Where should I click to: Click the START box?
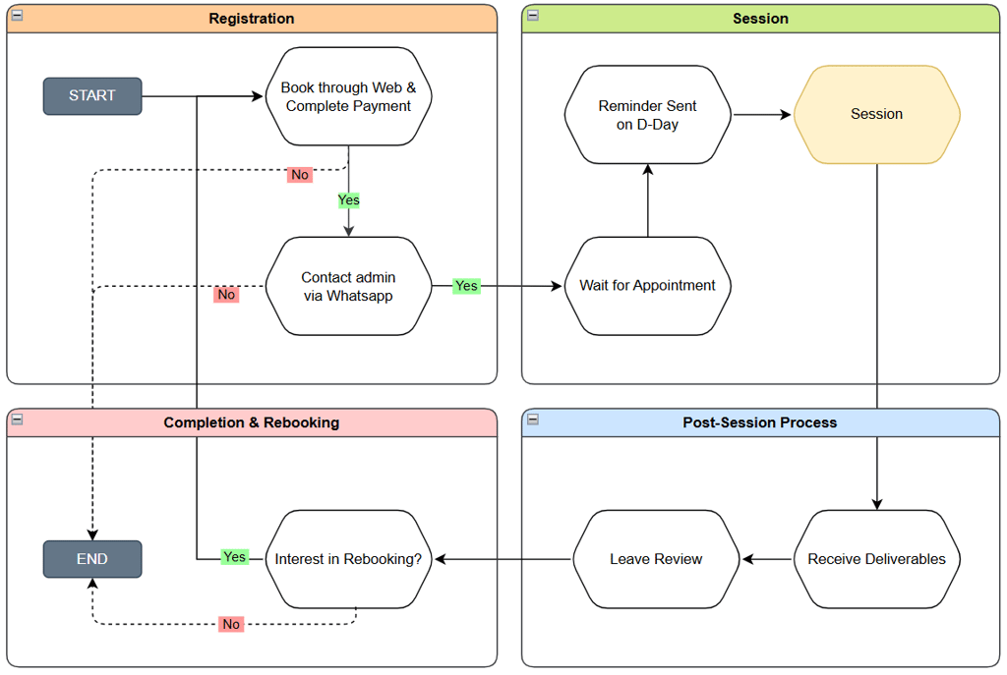click(92, 96)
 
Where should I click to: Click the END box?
click(92, 559)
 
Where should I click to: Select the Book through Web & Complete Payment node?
click(349, 96)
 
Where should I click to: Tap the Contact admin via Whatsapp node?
click(349, 286)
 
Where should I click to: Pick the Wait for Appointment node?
click(647, 286)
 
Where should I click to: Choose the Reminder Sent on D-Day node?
click(647, 115)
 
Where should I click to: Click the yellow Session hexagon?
click(876, 115)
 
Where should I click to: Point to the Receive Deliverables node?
click(876, 559)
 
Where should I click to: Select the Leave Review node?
click(656, 559)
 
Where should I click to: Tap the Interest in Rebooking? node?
click(349, 559)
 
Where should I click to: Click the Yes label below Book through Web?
click(349, 200)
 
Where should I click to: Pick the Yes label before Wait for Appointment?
click(466, 286)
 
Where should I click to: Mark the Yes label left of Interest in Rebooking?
click(234, 556)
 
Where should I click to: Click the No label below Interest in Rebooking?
click(231, 624)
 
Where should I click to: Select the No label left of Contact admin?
click(226, 295)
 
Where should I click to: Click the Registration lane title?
click(252, 19)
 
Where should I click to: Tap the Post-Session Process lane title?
click(760, 422)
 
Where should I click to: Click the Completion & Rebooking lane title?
click(252, 422)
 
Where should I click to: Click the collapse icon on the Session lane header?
click(533, 16)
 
